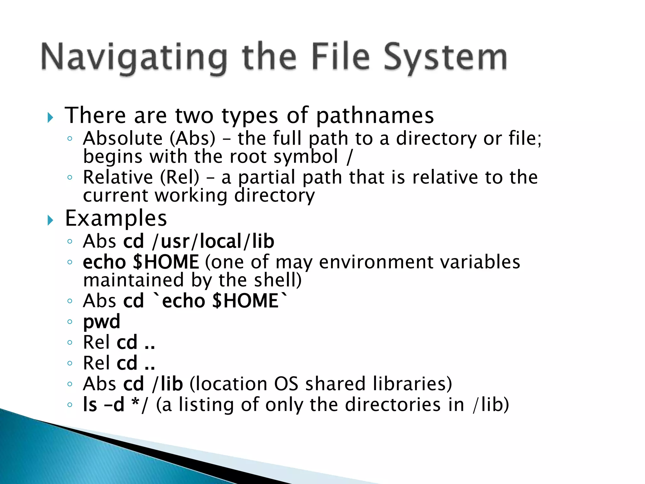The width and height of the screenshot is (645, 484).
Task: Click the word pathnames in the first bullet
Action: point(375,116)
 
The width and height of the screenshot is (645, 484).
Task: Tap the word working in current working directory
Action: point(191,196)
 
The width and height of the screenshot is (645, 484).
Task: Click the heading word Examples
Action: point(116,218)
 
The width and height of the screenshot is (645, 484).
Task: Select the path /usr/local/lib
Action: point(213,241)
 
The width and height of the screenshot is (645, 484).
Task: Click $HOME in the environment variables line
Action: point(166,262)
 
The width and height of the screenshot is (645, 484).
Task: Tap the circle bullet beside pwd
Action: point(70,322)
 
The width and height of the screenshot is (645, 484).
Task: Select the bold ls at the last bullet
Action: point(90,405)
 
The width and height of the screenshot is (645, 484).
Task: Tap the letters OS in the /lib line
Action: point(286,384)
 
